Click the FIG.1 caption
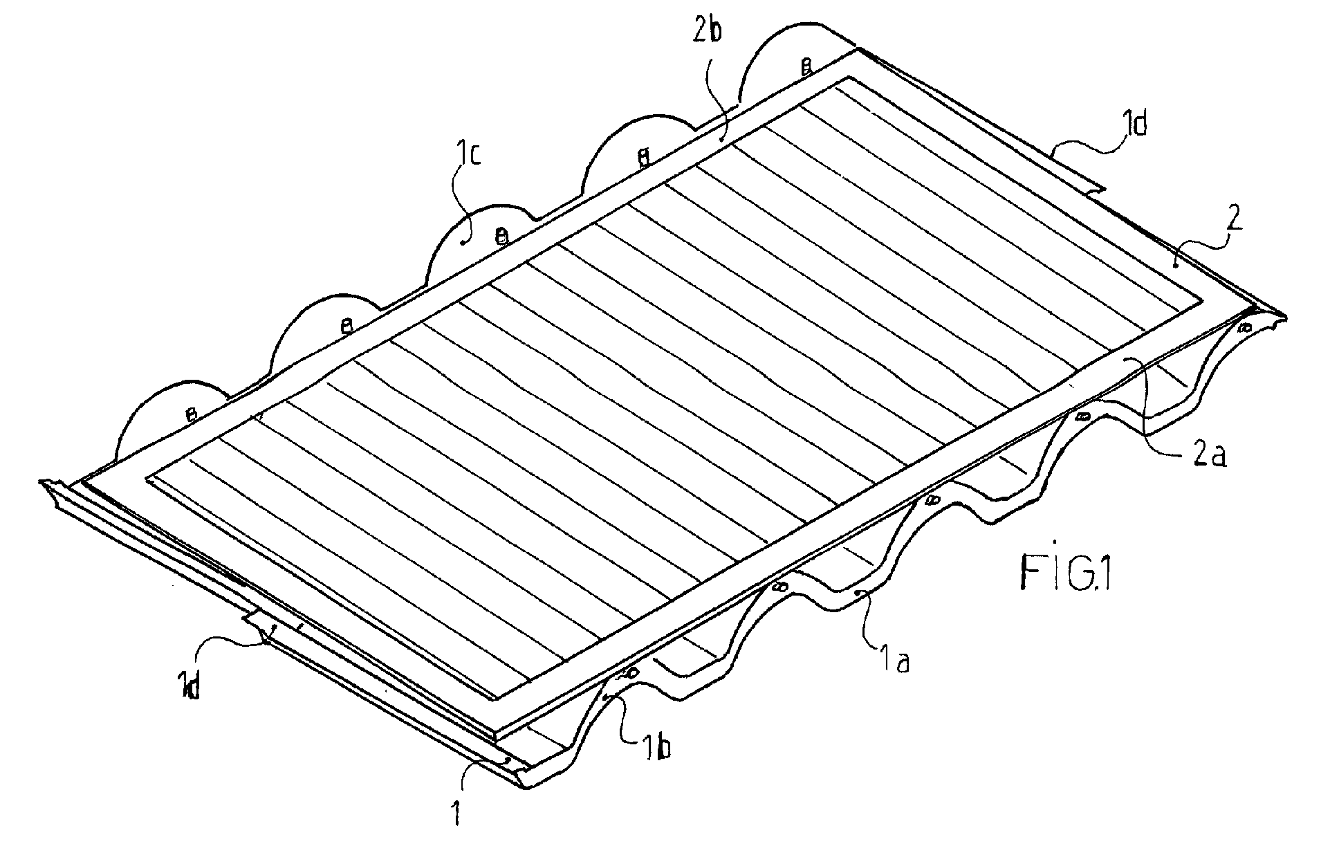(x=1066, y=573)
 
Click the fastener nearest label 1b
(x=630, y=672)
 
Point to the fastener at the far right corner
(x=1244, y=326)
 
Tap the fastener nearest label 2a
(x=1083, y=416)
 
